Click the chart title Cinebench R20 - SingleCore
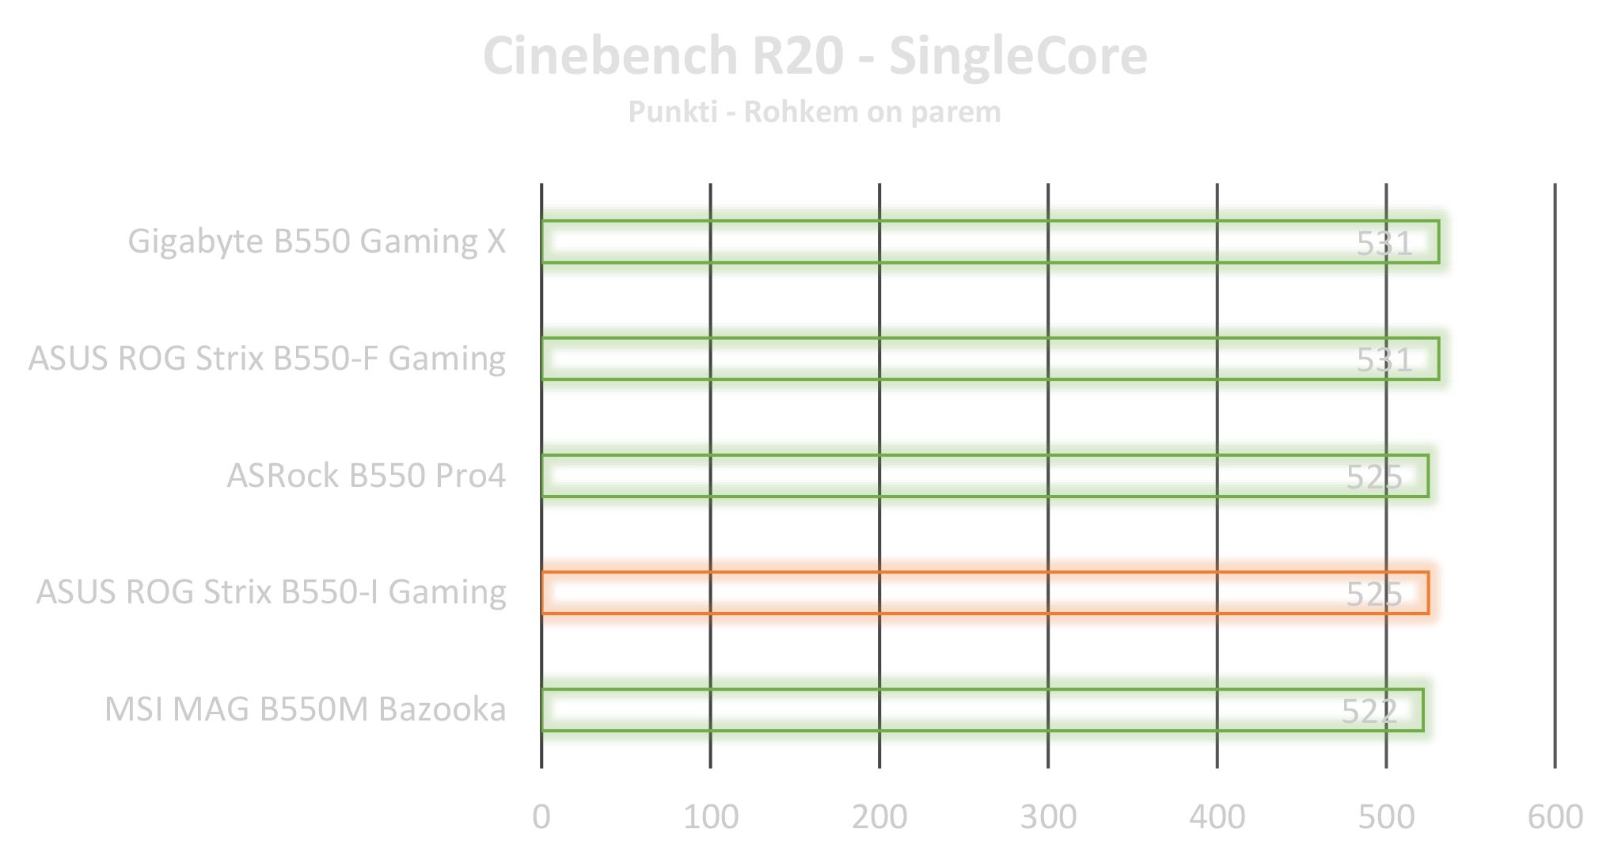pyautogui.click(x=814, y=57)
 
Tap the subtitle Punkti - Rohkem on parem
pyautogui.click(x=814, y=112)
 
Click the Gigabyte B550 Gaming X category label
pyautogui.click(x=317, y=241)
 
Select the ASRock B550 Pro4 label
pyautogui.click(x=366, y=476)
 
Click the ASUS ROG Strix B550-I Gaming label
pyautogui.click(x=272, y=592)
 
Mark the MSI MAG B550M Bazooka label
pyautogui.click(x=306, y=709)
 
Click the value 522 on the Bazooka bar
pyautogui.click(x=1369, y=711)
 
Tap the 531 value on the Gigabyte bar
pyautogui.click(x=1385, y=243)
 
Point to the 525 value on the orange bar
pyautogui.click(x=1374, y=594)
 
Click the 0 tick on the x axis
pyautogui.click(x=541, y=816)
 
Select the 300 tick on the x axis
pyautogui.click(x=1048, y=816)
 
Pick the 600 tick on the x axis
pyautogui.click(x=1555, y=816)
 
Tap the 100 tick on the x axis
pyautogui.click(x=711, y=816)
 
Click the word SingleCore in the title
pyautogui.click(x=1018, y=57)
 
